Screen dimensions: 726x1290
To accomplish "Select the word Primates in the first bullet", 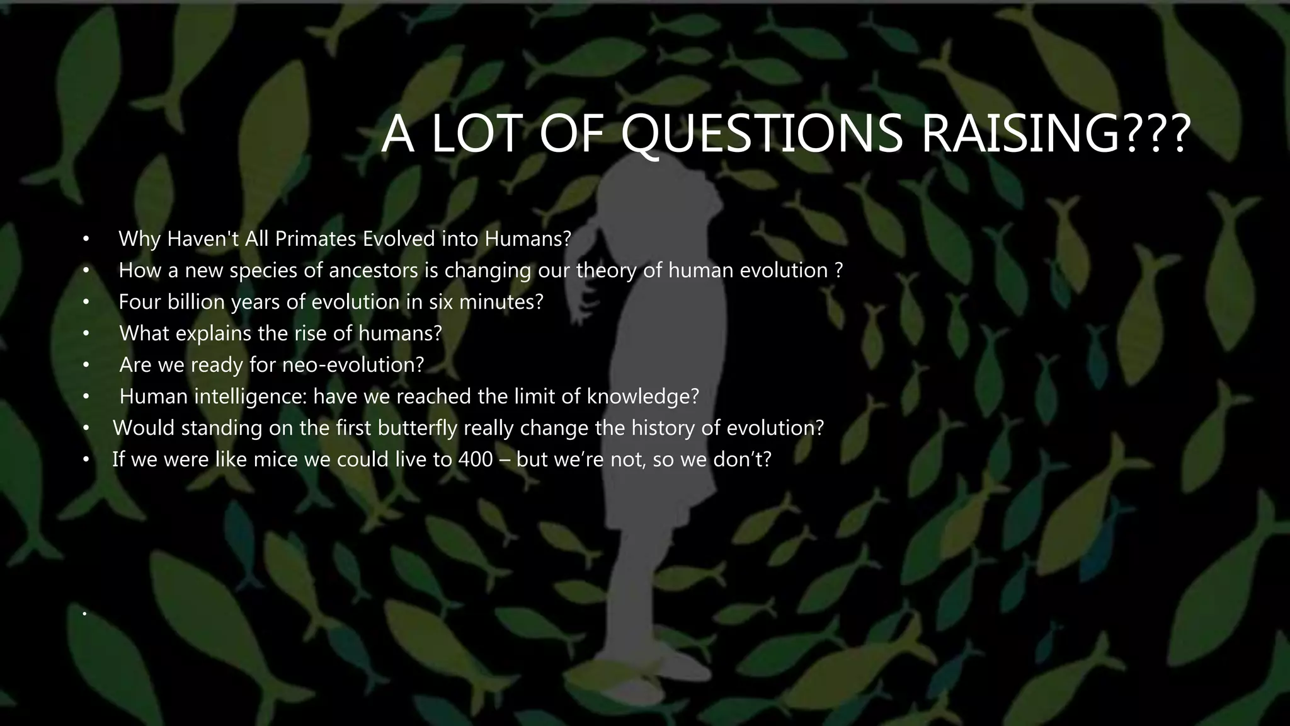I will [x=316, y=239].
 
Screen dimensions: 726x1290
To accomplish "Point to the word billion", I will [x=196, y=302].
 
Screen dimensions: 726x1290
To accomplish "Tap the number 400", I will [x=476, y=459].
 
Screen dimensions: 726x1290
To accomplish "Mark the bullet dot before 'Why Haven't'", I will [x=86, y=239].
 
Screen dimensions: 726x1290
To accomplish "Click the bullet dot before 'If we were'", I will [x=86, y=460].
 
